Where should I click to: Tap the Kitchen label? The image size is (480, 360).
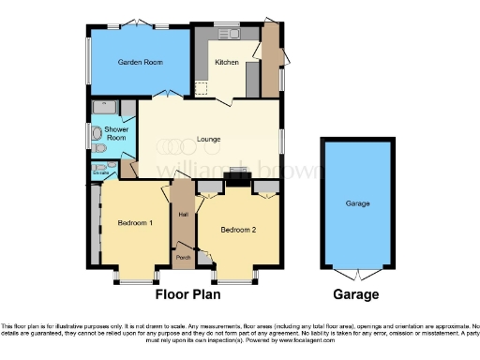227,62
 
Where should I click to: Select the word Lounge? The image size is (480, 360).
208,140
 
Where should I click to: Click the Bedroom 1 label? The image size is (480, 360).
134,223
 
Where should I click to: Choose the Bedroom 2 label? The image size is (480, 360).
238,229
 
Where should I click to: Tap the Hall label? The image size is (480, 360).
183,216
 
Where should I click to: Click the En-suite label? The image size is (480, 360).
101,172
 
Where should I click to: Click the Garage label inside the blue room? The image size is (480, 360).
357,203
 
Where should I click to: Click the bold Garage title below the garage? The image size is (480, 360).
357,294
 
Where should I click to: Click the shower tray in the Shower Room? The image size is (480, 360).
104,106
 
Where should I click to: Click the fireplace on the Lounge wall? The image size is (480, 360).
238,175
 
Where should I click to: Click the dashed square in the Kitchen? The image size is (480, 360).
201,88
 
